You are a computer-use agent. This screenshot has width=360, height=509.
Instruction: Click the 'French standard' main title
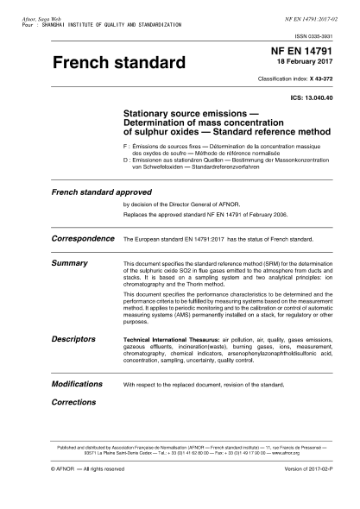(x=119, y=64)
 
